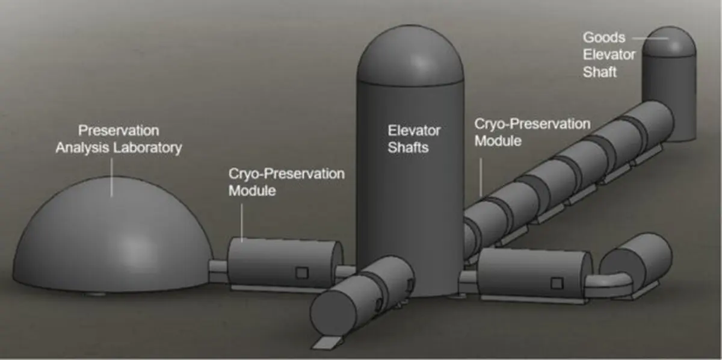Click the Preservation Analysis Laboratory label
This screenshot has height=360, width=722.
tap(119, 139)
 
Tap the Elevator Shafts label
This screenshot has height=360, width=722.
tap(414, 139)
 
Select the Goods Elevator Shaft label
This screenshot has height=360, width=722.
tap(609, 55)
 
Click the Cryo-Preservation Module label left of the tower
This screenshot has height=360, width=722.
tap(286, 182)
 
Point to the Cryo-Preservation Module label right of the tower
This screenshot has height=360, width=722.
tap(532, 132)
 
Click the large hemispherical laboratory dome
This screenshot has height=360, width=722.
tap(113, 234)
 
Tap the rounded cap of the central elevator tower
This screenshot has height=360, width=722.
tap(410, 55)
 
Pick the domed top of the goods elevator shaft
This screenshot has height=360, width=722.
tap(669, 42)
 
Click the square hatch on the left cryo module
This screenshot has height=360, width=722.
tap(302, 273)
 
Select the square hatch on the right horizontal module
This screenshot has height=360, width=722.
tap(557, 284)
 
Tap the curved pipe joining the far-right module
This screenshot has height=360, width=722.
tap(609, 280)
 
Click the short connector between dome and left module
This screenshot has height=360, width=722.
tap(218, 271)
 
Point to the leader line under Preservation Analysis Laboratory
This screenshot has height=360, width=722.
tap(111, 177)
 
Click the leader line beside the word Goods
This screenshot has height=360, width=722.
tap(650, 38)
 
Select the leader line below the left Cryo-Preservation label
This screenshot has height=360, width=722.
tap(242, 222)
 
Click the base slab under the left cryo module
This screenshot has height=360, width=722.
tap(274, 288)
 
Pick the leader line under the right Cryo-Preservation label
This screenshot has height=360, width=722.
tap(481, 177)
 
